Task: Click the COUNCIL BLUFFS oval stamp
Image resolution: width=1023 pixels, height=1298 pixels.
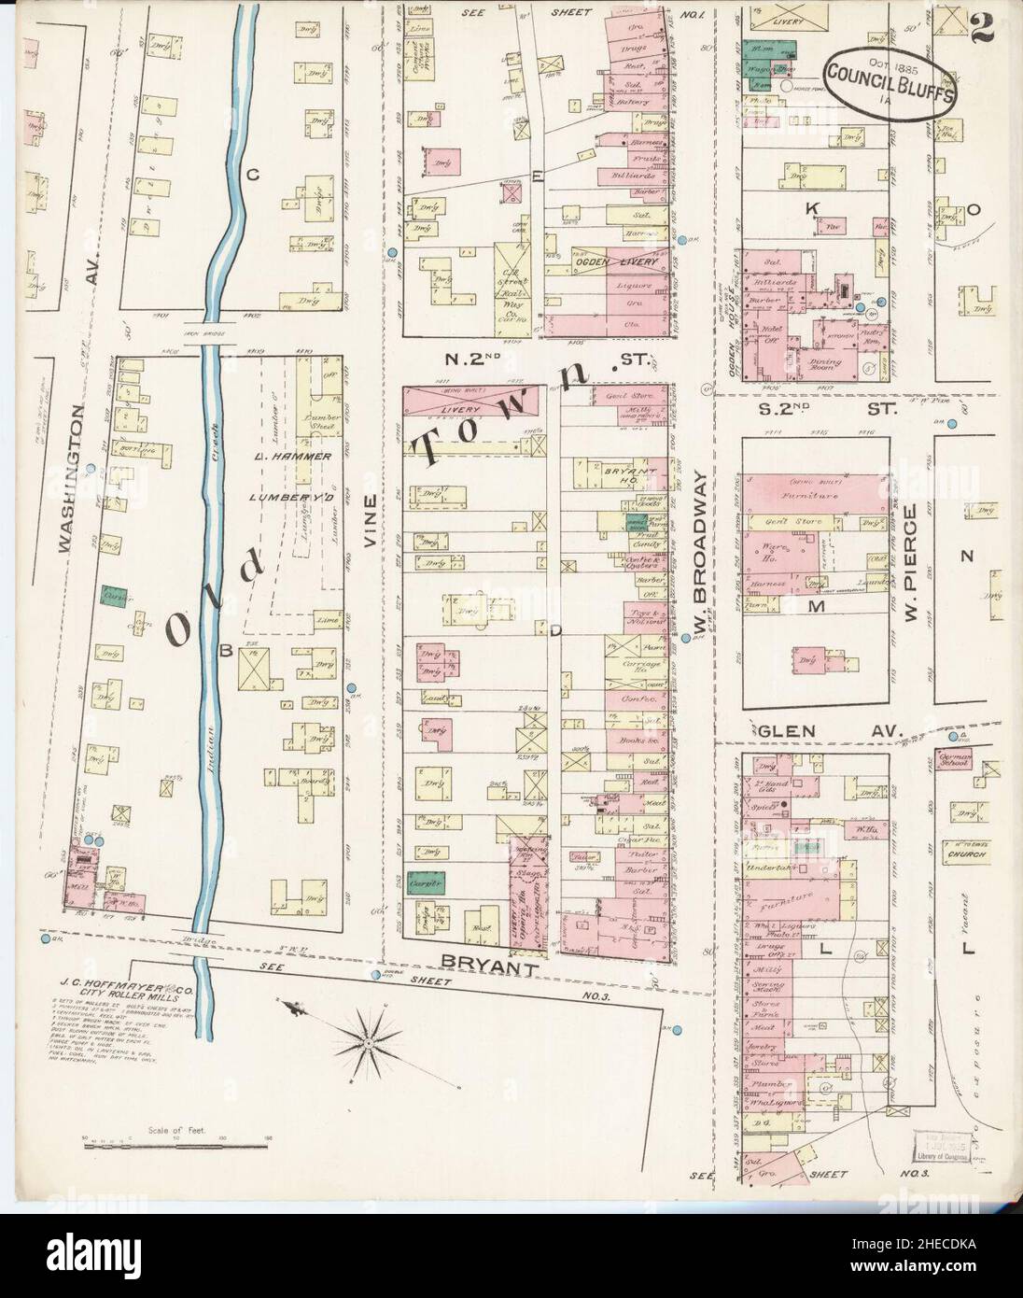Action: click(890, 81)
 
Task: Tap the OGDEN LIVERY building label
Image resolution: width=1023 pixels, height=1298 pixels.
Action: click(618, 262)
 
